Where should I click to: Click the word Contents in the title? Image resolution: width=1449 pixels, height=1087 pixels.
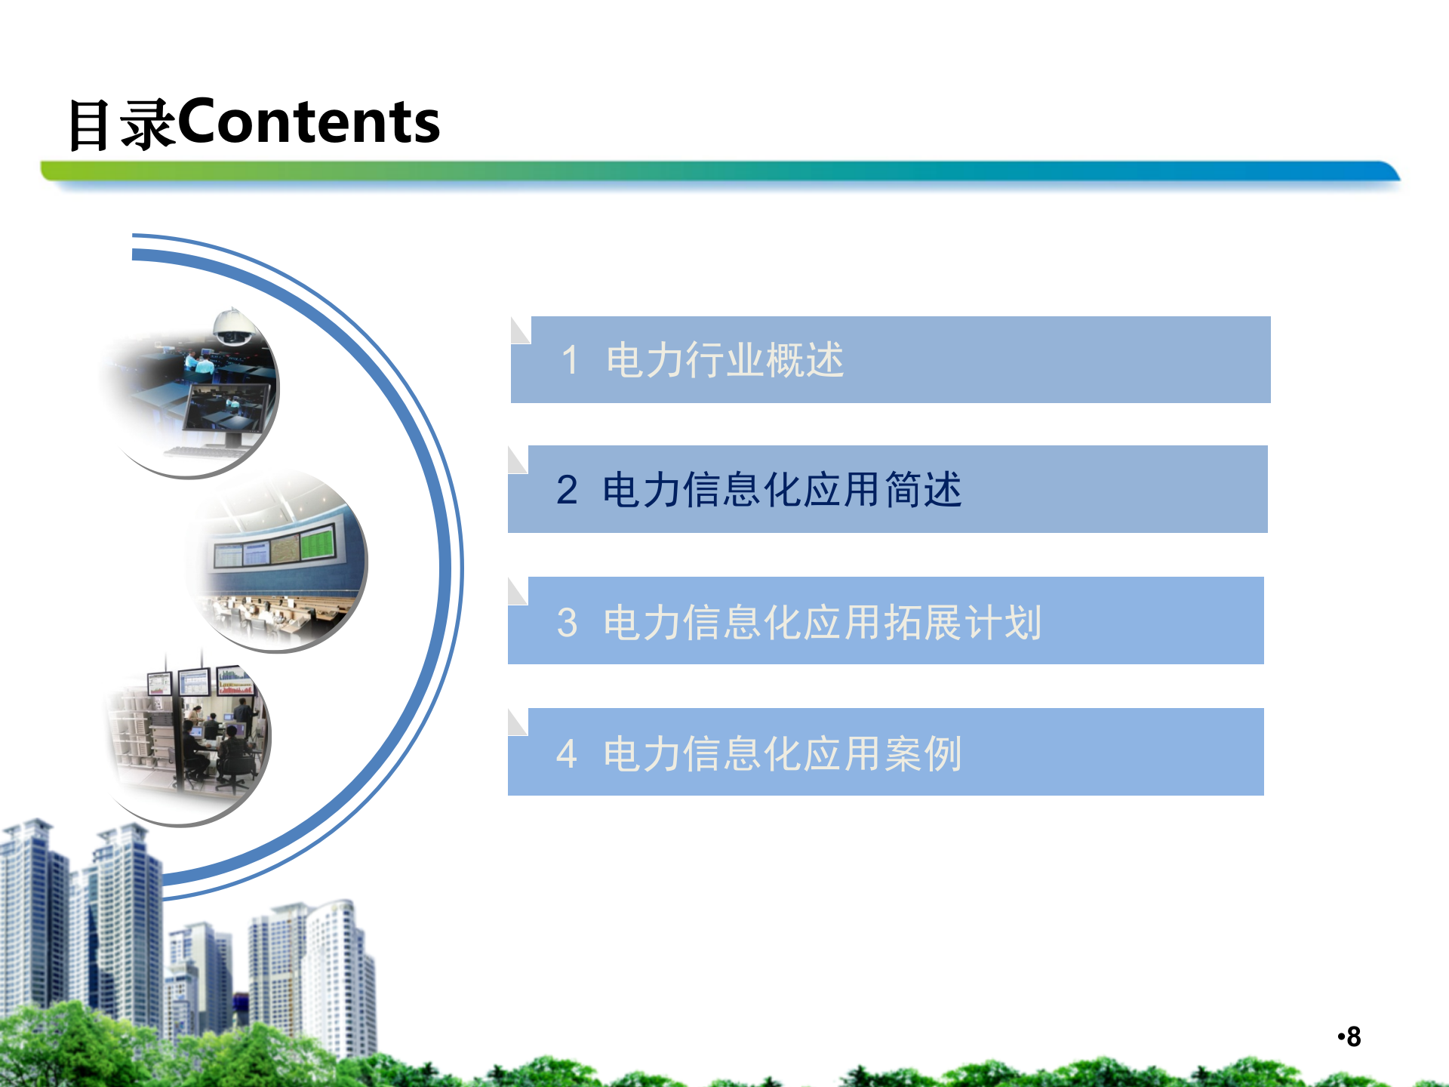tap(308, 122)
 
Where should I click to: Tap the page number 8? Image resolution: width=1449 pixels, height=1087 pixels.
tap(1353, 1037)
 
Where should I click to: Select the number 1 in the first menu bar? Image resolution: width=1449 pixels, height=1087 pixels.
tap(570, 359)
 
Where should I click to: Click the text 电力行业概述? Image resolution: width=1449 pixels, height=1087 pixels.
tap(724, 359)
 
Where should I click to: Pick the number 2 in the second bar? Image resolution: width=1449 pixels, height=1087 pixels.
tap(567, 490)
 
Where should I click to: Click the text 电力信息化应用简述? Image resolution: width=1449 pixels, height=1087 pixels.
tap(782, 490)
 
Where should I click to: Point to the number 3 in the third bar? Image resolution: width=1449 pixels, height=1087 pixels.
tap(567, 623)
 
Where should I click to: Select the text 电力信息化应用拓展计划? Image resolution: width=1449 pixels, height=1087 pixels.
tap(823, 623)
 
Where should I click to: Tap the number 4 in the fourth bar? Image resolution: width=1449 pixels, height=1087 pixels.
tap(567, 753)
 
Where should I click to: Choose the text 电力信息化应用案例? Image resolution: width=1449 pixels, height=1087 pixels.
tap(782, 753)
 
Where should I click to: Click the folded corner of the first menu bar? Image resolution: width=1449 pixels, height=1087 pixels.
tap(520, 330)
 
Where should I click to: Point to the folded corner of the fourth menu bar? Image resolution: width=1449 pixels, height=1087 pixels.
tap(517, 722)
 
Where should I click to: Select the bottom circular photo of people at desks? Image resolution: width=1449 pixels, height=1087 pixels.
tap(189, 736)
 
